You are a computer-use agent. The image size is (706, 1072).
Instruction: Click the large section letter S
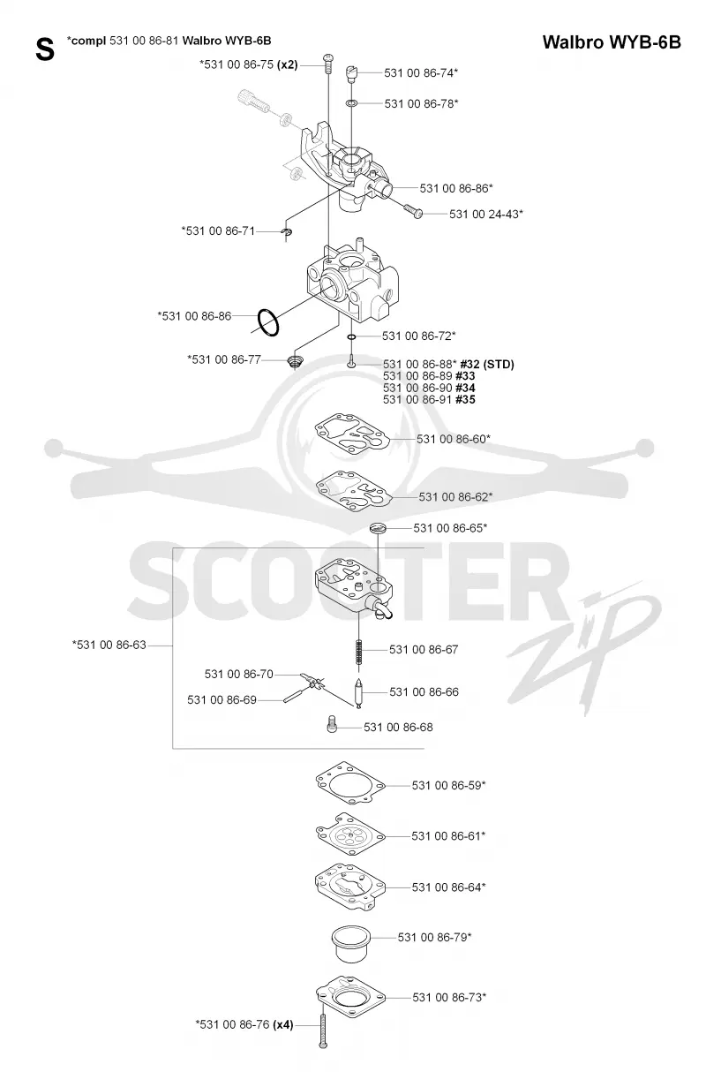45,49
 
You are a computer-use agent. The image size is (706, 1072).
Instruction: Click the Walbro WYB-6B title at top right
612,42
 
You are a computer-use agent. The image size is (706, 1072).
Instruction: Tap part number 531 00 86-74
419,72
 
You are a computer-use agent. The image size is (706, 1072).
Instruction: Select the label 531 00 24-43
484,214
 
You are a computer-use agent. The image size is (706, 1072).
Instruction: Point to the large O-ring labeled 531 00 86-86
268,322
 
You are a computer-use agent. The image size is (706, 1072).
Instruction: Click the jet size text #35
465,400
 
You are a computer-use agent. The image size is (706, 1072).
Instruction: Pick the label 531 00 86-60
452,439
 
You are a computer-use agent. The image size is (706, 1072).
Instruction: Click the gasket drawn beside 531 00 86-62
354,492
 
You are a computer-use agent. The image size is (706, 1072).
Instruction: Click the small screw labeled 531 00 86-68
332,727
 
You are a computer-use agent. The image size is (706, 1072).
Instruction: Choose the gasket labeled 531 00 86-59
350,784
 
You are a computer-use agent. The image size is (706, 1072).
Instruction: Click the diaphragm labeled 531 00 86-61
350,835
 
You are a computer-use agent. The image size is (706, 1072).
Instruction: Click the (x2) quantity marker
288,64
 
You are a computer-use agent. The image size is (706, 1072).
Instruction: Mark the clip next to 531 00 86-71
287,232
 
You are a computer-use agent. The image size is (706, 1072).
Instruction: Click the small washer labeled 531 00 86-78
351,103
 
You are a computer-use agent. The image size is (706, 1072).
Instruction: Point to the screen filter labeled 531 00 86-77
295,362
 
